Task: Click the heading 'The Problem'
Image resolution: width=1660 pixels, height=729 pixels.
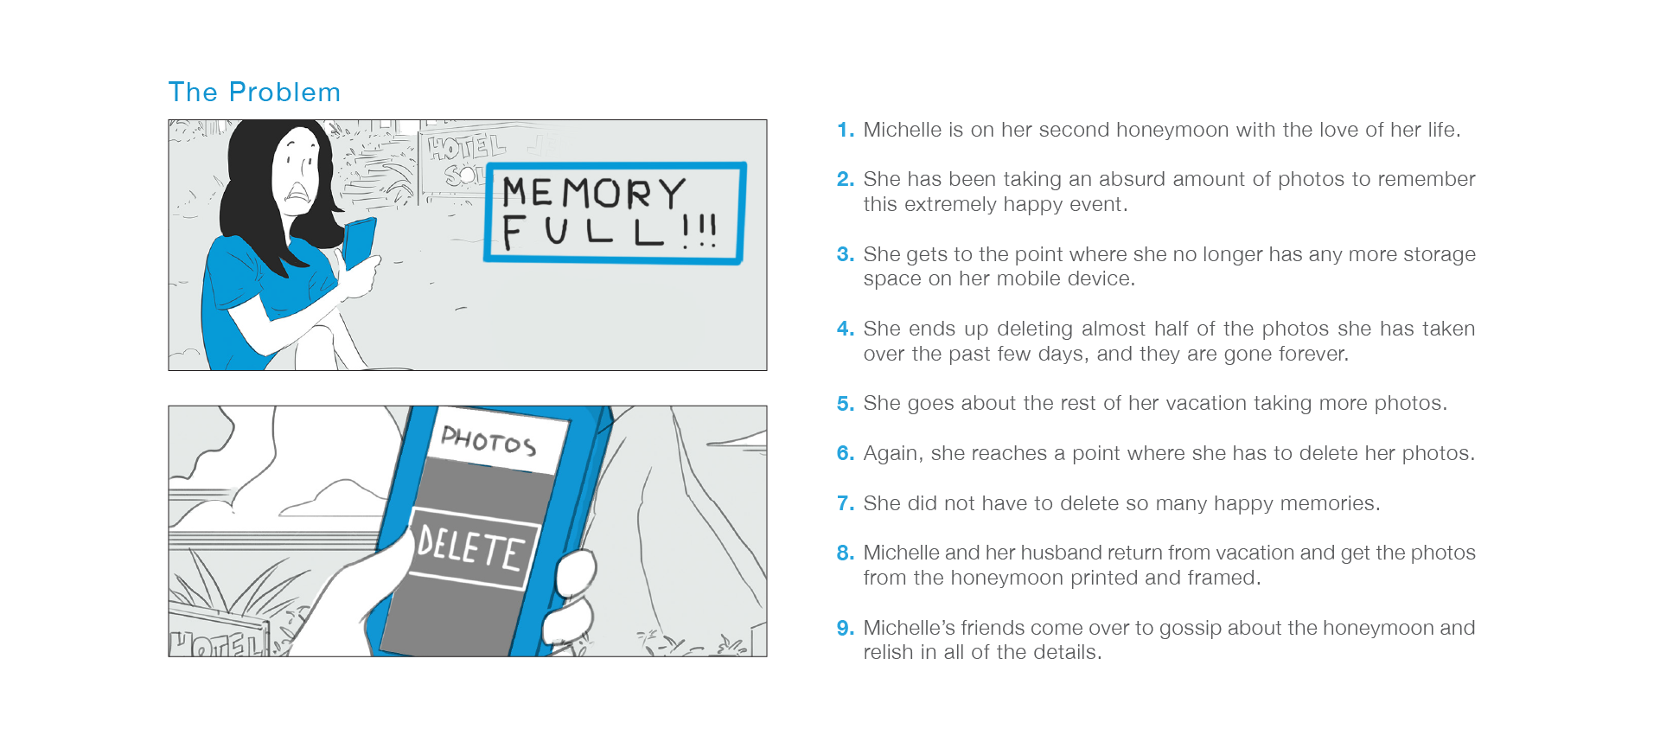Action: click(254, 93)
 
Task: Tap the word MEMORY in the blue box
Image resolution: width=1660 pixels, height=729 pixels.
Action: click(594, 192)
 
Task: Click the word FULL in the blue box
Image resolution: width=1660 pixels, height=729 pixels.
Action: click(584, 231)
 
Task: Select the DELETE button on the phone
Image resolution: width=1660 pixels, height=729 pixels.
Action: click(472, 549)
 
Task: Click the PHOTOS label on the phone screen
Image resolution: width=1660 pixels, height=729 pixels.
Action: click(488, 440)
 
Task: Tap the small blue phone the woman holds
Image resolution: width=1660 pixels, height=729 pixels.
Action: click(359, 241)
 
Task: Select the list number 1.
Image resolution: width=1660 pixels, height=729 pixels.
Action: click(845, 131)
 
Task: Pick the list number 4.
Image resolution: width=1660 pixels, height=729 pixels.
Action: click(845, 329)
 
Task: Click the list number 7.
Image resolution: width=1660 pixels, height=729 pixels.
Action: click(845, 503)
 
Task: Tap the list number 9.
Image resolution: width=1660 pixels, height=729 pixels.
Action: click(845, 629)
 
